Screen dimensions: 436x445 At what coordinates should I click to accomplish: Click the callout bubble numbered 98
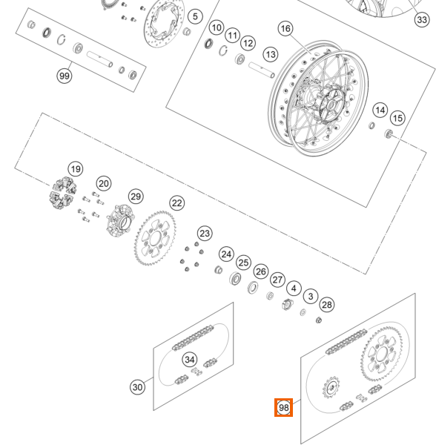coord(283,407)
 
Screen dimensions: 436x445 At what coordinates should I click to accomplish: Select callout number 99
coord(65,76)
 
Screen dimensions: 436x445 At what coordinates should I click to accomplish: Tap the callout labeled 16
coord(285,28)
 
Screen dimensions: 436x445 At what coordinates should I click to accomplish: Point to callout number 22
coord(177,203)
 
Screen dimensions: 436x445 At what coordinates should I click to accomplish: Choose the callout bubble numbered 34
coord(190,360)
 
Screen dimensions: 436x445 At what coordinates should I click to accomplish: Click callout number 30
coord(138,387)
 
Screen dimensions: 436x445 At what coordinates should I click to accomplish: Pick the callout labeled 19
coord(76,169)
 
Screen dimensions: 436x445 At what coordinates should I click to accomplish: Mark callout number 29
coord(136,197)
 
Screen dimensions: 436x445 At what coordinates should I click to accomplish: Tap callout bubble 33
coord(422,20)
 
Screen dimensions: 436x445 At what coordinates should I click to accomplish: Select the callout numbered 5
coord(195,16)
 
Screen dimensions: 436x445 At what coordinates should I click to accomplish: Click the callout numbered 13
coord(271,54)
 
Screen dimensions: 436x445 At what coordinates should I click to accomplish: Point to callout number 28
coord(327,305)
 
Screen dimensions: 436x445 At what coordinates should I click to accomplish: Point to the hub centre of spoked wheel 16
coord(331,105)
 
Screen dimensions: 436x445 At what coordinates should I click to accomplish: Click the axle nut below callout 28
coord(319,320)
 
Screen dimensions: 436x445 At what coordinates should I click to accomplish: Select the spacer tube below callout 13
coord(262,70)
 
